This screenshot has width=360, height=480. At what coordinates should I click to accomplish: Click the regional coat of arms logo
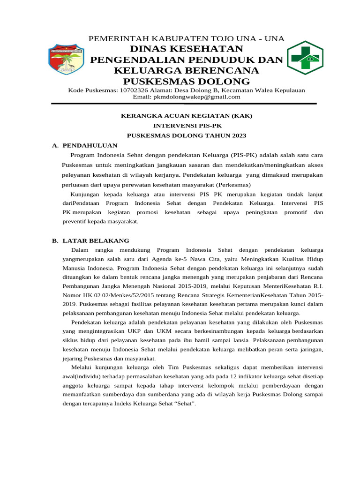coord(66,59)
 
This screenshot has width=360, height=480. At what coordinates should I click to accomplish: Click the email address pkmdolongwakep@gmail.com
coord(187,97)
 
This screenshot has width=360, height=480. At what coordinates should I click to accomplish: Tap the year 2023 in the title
coord(238,135)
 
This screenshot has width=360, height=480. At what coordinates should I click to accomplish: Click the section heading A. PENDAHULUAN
coord(84,146)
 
